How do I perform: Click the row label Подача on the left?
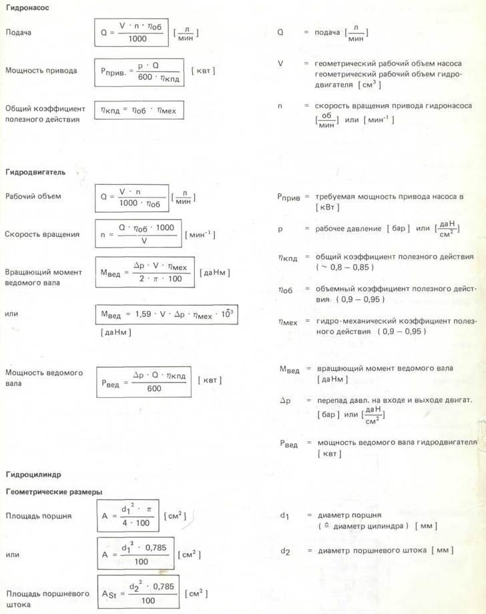(18, 32)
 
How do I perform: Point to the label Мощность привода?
(40, 70)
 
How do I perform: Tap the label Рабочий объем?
(33, 196)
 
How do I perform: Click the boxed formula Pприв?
(138, 71)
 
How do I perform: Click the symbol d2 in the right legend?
(285, 551)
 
